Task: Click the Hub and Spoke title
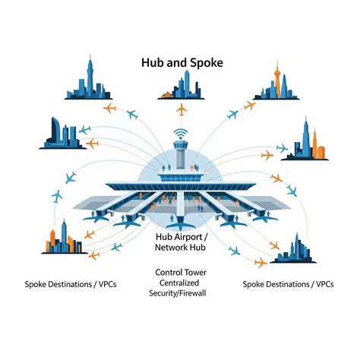182,62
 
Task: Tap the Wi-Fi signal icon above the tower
181,134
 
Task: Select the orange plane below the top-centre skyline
182,109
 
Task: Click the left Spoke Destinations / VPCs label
71,284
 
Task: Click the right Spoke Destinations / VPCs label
288,284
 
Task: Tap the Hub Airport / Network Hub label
181,242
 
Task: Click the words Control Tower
181,273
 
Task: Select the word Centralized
179,283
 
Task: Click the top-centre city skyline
181,85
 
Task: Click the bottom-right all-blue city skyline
293,248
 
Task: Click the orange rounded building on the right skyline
321,152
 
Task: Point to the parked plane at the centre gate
180,224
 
